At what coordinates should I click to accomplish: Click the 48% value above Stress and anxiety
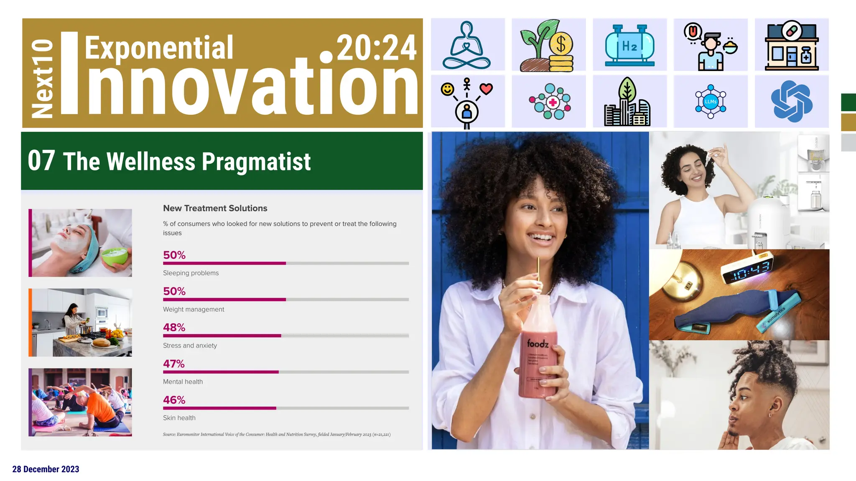(x=174, y=327)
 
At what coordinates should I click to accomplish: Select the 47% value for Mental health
(x=173, y=364)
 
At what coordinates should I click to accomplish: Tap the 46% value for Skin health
(x=174, y=400)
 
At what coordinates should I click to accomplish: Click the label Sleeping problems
(x=191, y=273)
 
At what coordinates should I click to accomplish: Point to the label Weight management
(x=194, y=309)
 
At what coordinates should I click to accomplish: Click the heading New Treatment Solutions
(x=215, y=208)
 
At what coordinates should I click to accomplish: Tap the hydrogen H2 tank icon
(x=629, y=45)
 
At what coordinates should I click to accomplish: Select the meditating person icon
(x=467, y=45)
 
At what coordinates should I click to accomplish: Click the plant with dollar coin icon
(x=548, y=45)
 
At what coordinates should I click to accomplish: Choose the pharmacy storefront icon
(x=791, y=45)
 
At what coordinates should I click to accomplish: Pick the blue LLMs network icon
(x=711, y=101)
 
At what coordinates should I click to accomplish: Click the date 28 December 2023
(x=46, y=469)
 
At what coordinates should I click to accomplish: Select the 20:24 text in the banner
(x=376, y=48)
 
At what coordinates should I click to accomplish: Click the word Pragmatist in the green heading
(x=256, y=162)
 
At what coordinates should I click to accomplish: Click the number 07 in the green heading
(x=41, y=161)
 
